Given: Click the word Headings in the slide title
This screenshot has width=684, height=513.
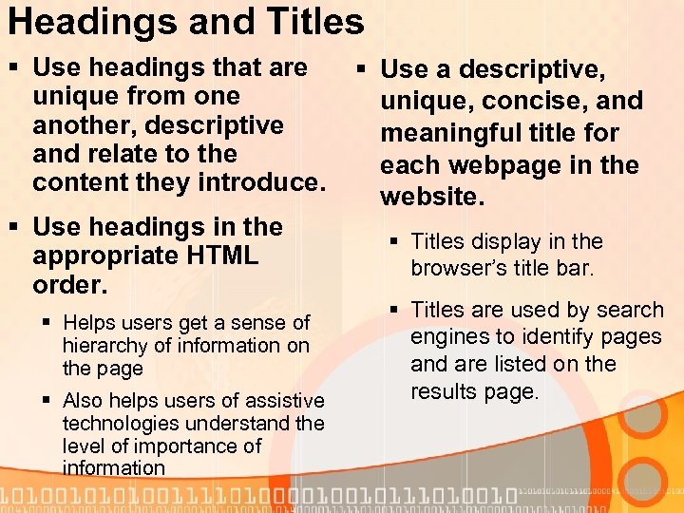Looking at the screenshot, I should [x=78, y=21].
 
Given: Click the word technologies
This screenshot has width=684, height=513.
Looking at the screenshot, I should [x=122, y=423].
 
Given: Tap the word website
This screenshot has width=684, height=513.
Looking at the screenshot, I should [x=432, y=197].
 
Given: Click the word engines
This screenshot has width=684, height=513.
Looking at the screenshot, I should [x=446, y=337].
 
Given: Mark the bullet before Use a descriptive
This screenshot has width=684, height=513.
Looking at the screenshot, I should [x=361, y=69].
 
